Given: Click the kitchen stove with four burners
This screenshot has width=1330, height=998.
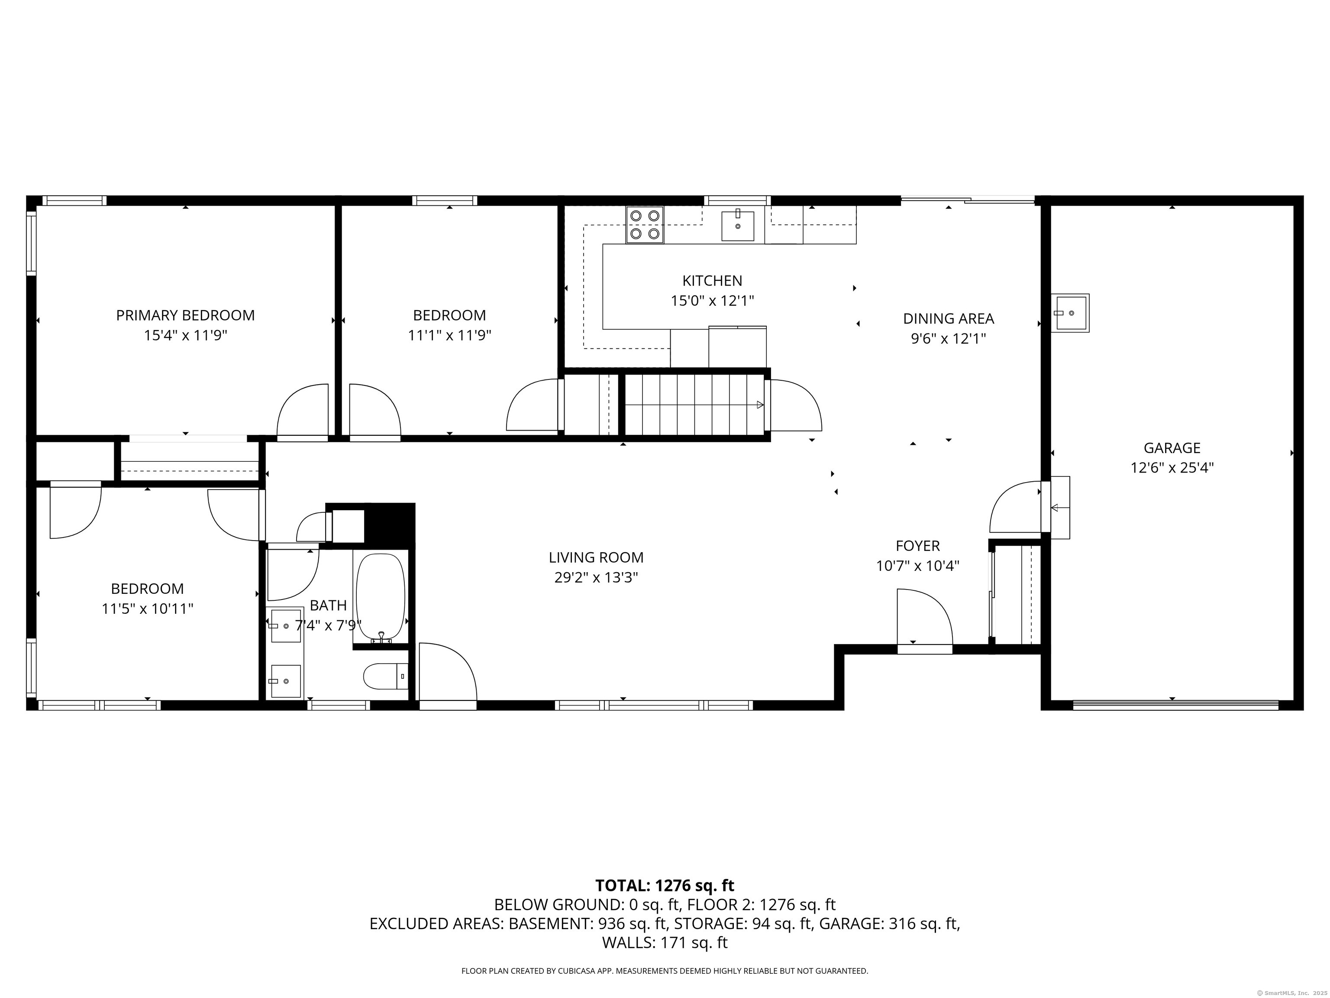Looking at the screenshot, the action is tap(645, 224).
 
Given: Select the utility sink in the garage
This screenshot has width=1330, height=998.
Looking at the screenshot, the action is tap(1070, 313).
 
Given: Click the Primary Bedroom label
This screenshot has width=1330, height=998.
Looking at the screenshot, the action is tap(185, 315).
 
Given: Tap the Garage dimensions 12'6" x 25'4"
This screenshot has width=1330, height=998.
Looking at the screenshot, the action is tap(1172, 467).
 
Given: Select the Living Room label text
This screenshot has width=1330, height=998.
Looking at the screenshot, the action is tap(596, 557).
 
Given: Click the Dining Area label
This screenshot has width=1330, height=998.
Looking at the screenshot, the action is tap(948, 319).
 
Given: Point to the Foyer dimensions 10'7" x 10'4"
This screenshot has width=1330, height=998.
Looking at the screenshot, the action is tap(917, 565).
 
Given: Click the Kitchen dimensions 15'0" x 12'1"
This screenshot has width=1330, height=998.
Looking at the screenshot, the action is tap(713, 300).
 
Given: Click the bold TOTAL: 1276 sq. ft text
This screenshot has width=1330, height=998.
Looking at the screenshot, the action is tap(665, 885).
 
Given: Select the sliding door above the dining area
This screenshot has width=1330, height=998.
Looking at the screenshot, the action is tap(968, 200).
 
